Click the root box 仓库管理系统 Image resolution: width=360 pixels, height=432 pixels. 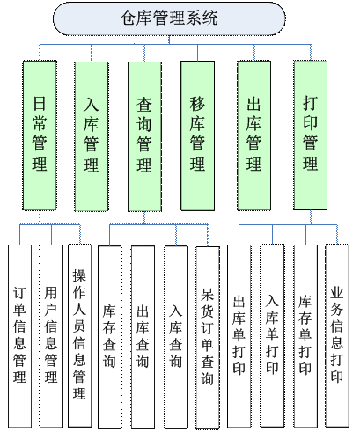tap(169, 18)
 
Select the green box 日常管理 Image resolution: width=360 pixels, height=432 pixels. tap(40, 135)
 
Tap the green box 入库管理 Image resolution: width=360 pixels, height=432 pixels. tap(92, 136)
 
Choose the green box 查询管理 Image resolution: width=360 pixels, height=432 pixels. tap(144, 136)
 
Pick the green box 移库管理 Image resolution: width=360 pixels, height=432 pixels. tap(197, 135)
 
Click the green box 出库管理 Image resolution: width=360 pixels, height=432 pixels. tap(253, 135)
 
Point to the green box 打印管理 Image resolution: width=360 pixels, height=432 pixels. tap(311, 135)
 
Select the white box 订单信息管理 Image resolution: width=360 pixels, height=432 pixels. tap(19, 336)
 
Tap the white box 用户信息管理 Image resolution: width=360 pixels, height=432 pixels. tap(51, 336)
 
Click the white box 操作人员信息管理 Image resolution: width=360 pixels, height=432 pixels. tap(80, 335)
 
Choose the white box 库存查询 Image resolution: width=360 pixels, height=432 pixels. tap(109, 337)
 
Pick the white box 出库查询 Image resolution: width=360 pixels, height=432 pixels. tap(143, 337)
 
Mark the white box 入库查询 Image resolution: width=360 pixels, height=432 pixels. tap(176, 337)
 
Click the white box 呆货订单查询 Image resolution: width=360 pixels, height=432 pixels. tap(208, 338)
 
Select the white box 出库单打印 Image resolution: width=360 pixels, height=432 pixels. tap(239, 336)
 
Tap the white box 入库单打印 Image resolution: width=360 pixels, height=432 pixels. tap(272, 335)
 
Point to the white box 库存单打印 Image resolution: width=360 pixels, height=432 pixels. tap(305, 336)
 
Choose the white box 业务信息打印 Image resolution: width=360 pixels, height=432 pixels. tap(337, 335)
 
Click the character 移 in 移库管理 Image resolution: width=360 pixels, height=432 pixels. tap(197, 104)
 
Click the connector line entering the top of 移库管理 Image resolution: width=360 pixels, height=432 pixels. tap(197, 53)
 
